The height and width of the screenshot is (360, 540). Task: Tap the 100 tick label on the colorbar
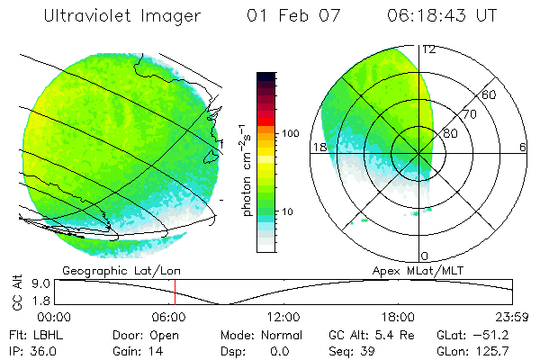[290, 133]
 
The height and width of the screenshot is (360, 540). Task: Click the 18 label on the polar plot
[319, 148]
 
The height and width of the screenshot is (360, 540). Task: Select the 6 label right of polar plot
[523, 148]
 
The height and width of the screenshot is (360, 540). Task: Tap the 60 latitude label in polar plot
[490, 94]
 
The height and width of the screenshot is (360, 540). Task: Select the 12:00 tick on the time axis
[284, 317]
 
